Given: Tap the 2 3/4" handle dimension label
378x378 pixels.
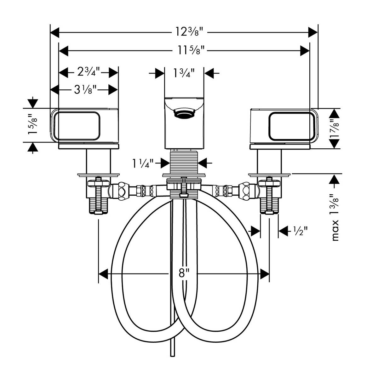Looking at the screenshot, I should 89,72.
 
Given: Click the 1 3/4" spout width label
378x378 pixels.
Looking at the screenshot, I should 184,73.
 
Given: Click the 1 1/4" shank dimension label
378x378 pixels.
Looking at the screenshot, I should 143,163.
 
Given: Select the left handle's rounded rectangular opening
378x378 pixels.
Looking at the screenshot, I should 77,125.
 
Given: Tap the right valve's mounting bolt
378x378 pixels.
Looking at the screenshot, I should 269,197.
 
